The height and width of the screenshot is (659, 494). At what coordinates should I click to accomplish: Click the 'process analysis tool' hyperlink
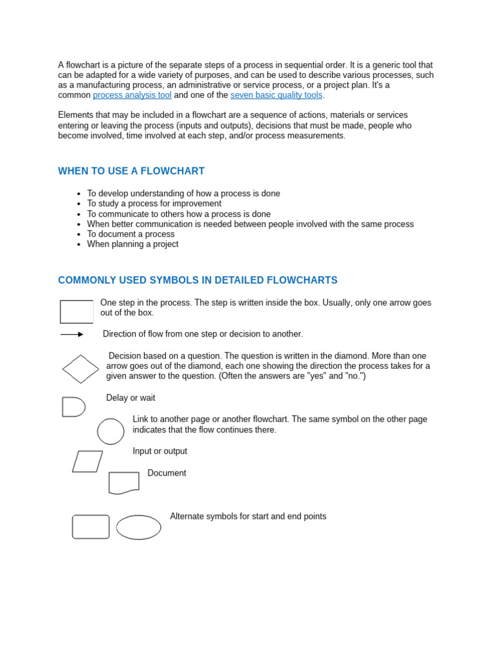[132, 95]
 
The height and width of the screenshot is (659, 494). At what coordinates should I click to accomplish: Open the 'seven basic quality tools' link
[276, 95]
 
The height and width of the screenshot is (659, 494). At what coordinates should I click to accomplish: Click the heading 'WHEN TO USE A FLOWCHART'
[131, 171]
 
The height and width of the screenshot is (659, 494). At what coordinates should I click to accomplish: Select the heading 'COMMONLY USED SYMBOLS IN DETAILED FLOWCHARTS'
[197, 281]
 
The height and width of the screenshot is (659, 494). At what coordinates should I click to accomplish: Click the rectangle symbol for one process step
[77, 311]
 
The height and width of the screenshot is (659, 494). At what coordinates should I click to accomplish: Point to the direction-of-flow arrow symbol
[72, 335]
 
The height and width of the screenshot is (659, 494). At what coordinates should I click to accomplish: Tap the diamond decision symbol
[80, 369]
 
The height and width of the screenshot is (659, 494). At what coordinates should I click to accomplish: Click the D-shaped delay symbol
[73, 407]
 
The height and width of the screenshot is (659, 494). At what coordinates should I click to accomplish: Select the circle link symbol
[111, 431]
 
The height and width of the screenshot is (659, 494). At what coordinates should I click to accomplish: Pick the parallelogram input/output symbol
[87, 461]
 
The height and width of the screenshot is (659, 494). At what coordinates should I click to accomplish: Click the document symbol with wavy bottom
[123, 483]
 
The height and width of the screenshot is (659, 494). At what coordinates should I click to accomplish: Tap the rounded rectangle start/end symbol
[91, 526]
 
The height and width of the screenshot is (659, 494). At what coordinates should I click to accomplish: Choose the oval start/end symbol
[138, 527]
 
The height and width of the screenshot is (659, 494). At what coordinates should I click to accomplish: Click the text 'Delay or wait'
[131, 398]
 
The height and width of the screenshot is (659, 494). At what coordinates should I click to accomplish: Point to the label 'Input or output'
[160, 452]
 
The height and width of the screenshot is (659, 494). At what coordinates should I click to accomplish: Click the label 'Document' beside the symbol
[167, 473]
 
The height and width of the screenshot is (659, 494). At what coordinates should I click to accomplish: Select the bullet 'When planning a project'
[133, 245]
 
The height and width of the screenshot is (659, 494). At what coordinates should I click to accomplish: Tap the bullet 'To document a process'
[131, 234]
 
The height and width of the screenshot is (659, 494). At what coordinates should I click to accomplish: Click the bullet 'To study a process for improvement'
[154, 203]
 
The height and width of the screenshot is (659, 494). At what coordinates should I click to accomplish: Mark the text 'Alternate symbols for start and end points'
[248, 516]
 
